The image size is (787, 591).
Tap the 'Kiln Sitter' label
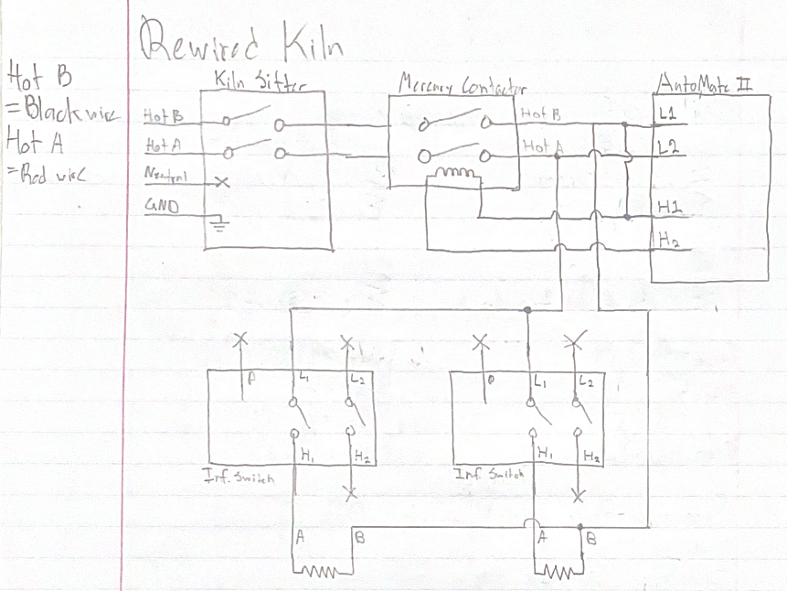258,83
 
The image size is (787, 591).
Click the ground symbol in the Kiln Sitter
217,220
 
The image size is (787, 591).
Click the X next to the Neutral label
220,182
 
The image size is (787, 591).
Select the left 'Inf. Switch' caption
239,477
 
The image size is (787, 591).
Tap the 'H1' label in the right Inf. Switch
545,452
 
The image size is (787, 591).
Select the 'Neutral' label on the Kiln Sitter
162,174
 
